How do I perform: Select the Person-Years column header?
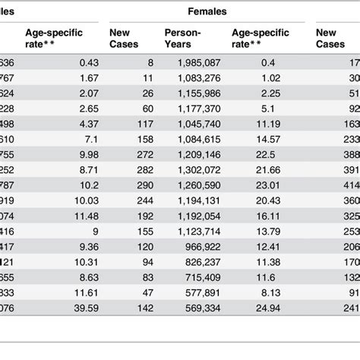coord(182,38)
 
